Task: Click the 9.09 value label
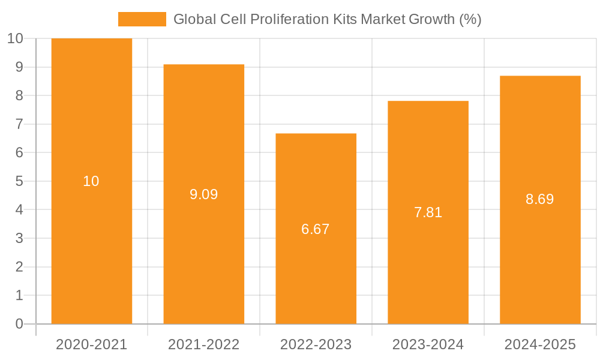click(x=203, y=194)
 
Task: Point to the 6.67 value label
click(x=316, y=229)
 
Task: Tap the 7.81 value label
click(x=428, y=212)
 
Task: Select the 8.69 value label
click(x=540, y=199)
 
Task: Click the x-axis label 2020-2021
click(x=91, y=344)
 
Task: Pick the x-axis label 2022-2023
click(x=316, y=344)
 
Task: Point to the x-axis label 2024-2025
click(x=540, y=344)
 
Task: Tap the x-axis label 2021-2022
click(x=203, y=344)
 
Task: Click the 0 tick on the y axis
click(x=19, y=324)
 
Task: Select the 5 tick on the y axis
click(x=19, y=181)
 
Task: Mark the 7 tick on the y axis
click(x=19, y=124)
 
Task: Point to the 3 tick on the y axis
click(x=19, y=238)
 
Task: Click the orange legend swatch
click(x=142, y=19)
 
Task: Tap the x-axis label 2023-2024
click(x=428, y=344)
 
